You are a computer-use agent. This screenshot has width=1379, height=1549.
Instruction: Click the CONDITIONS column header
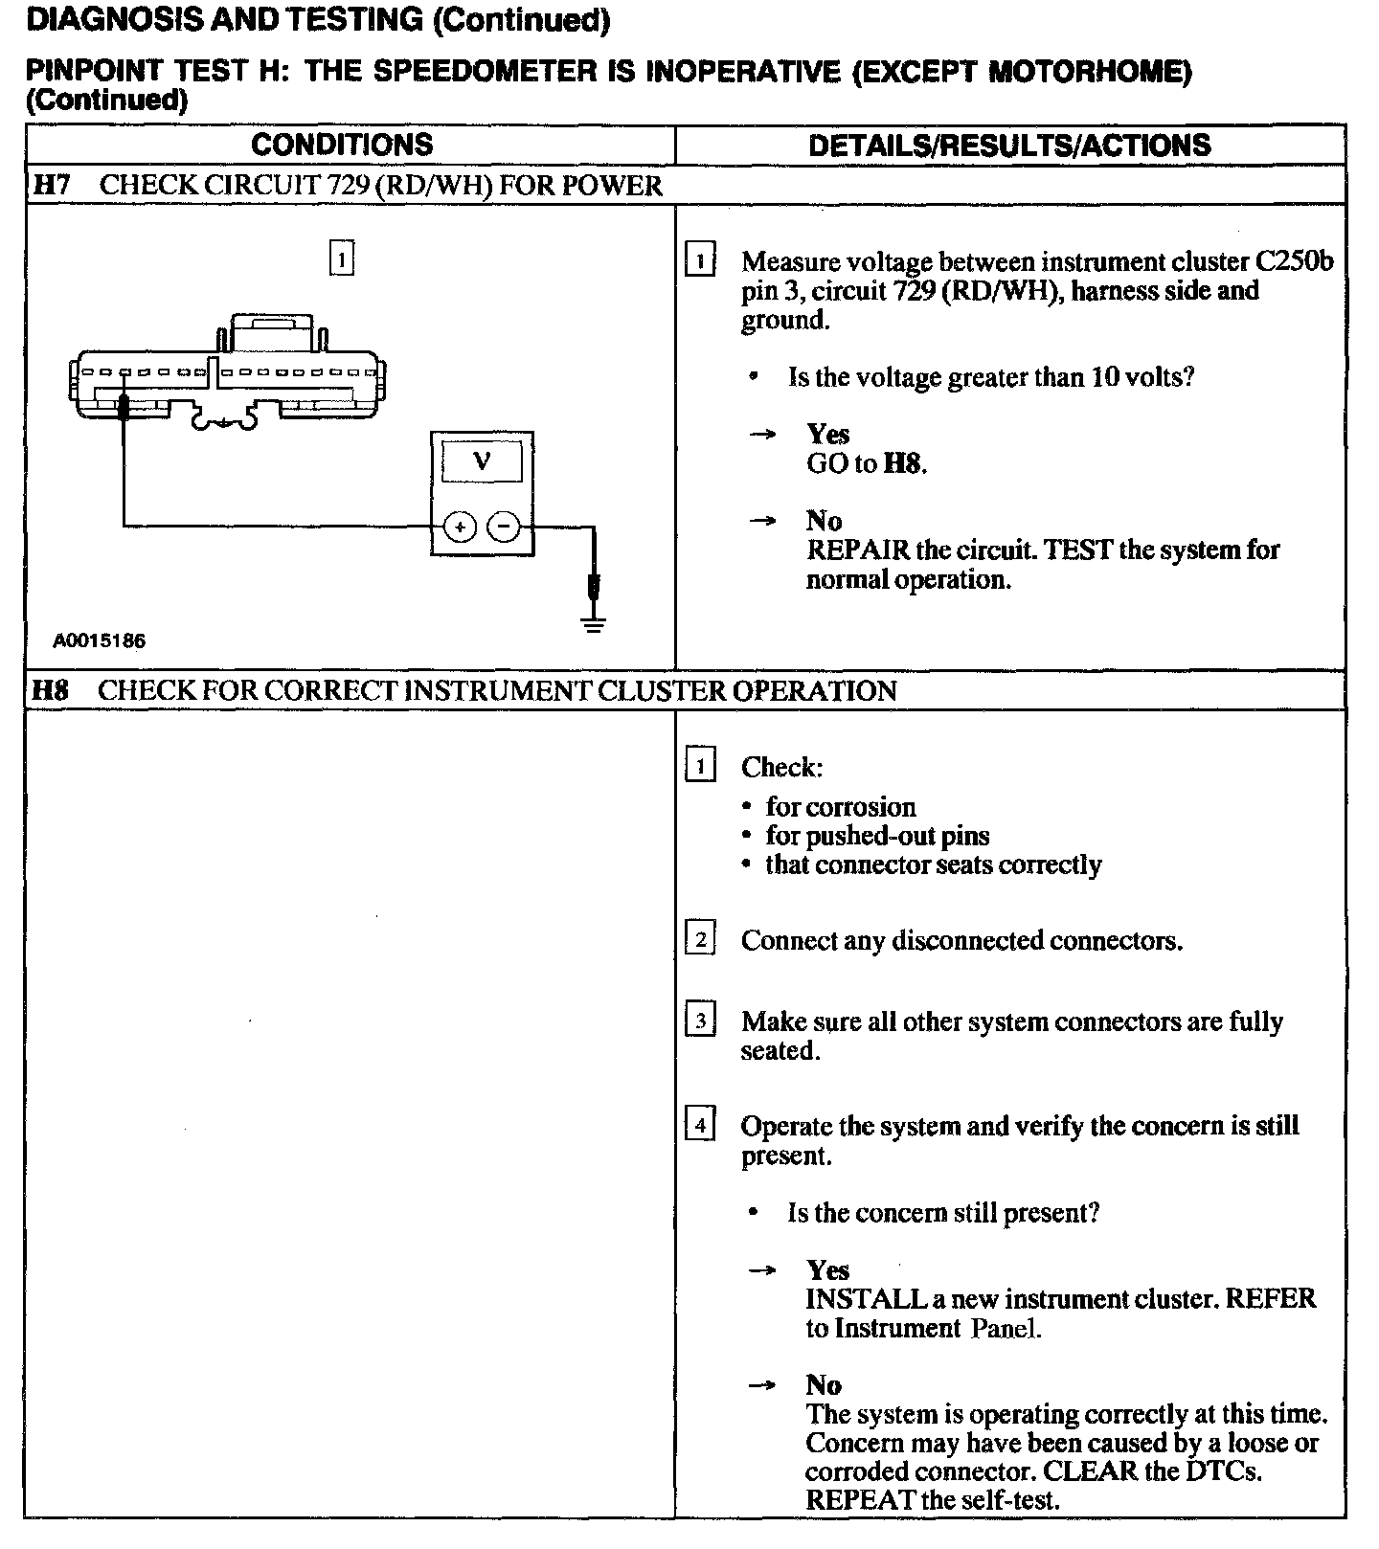pos(342,145)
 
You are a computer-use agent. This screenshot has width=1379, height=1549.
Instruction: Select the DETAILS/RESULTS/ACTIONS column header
pos(1009,146)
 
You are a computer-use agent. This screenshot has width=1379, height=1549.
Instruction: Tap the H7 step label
pos(52,185)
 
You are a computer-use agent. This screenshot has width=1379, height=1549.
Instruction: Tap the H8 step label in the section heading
pos(51,690)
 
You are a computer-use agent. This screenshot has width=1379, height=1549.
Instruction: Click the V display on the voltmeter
pos(482,462)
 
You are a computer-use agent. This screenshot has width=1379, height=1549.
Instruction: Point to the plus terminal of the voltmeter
pos(461,527)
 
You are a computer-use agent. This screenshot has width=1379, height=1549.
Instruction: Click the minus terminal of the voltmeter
pos(505,527)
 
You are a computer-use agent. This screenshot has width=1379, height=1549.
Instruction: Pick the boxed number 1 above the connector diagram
pos(341,258)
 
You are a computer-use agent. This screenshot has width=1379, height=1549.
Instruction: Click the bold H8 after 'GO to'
pos(904,464)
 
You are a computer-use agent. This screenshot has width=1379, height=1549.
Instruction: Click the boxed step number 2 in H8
pos(701,939)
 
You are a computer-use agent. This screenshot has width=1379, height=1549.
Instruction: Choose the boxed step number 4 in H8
pos(701,1125)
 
